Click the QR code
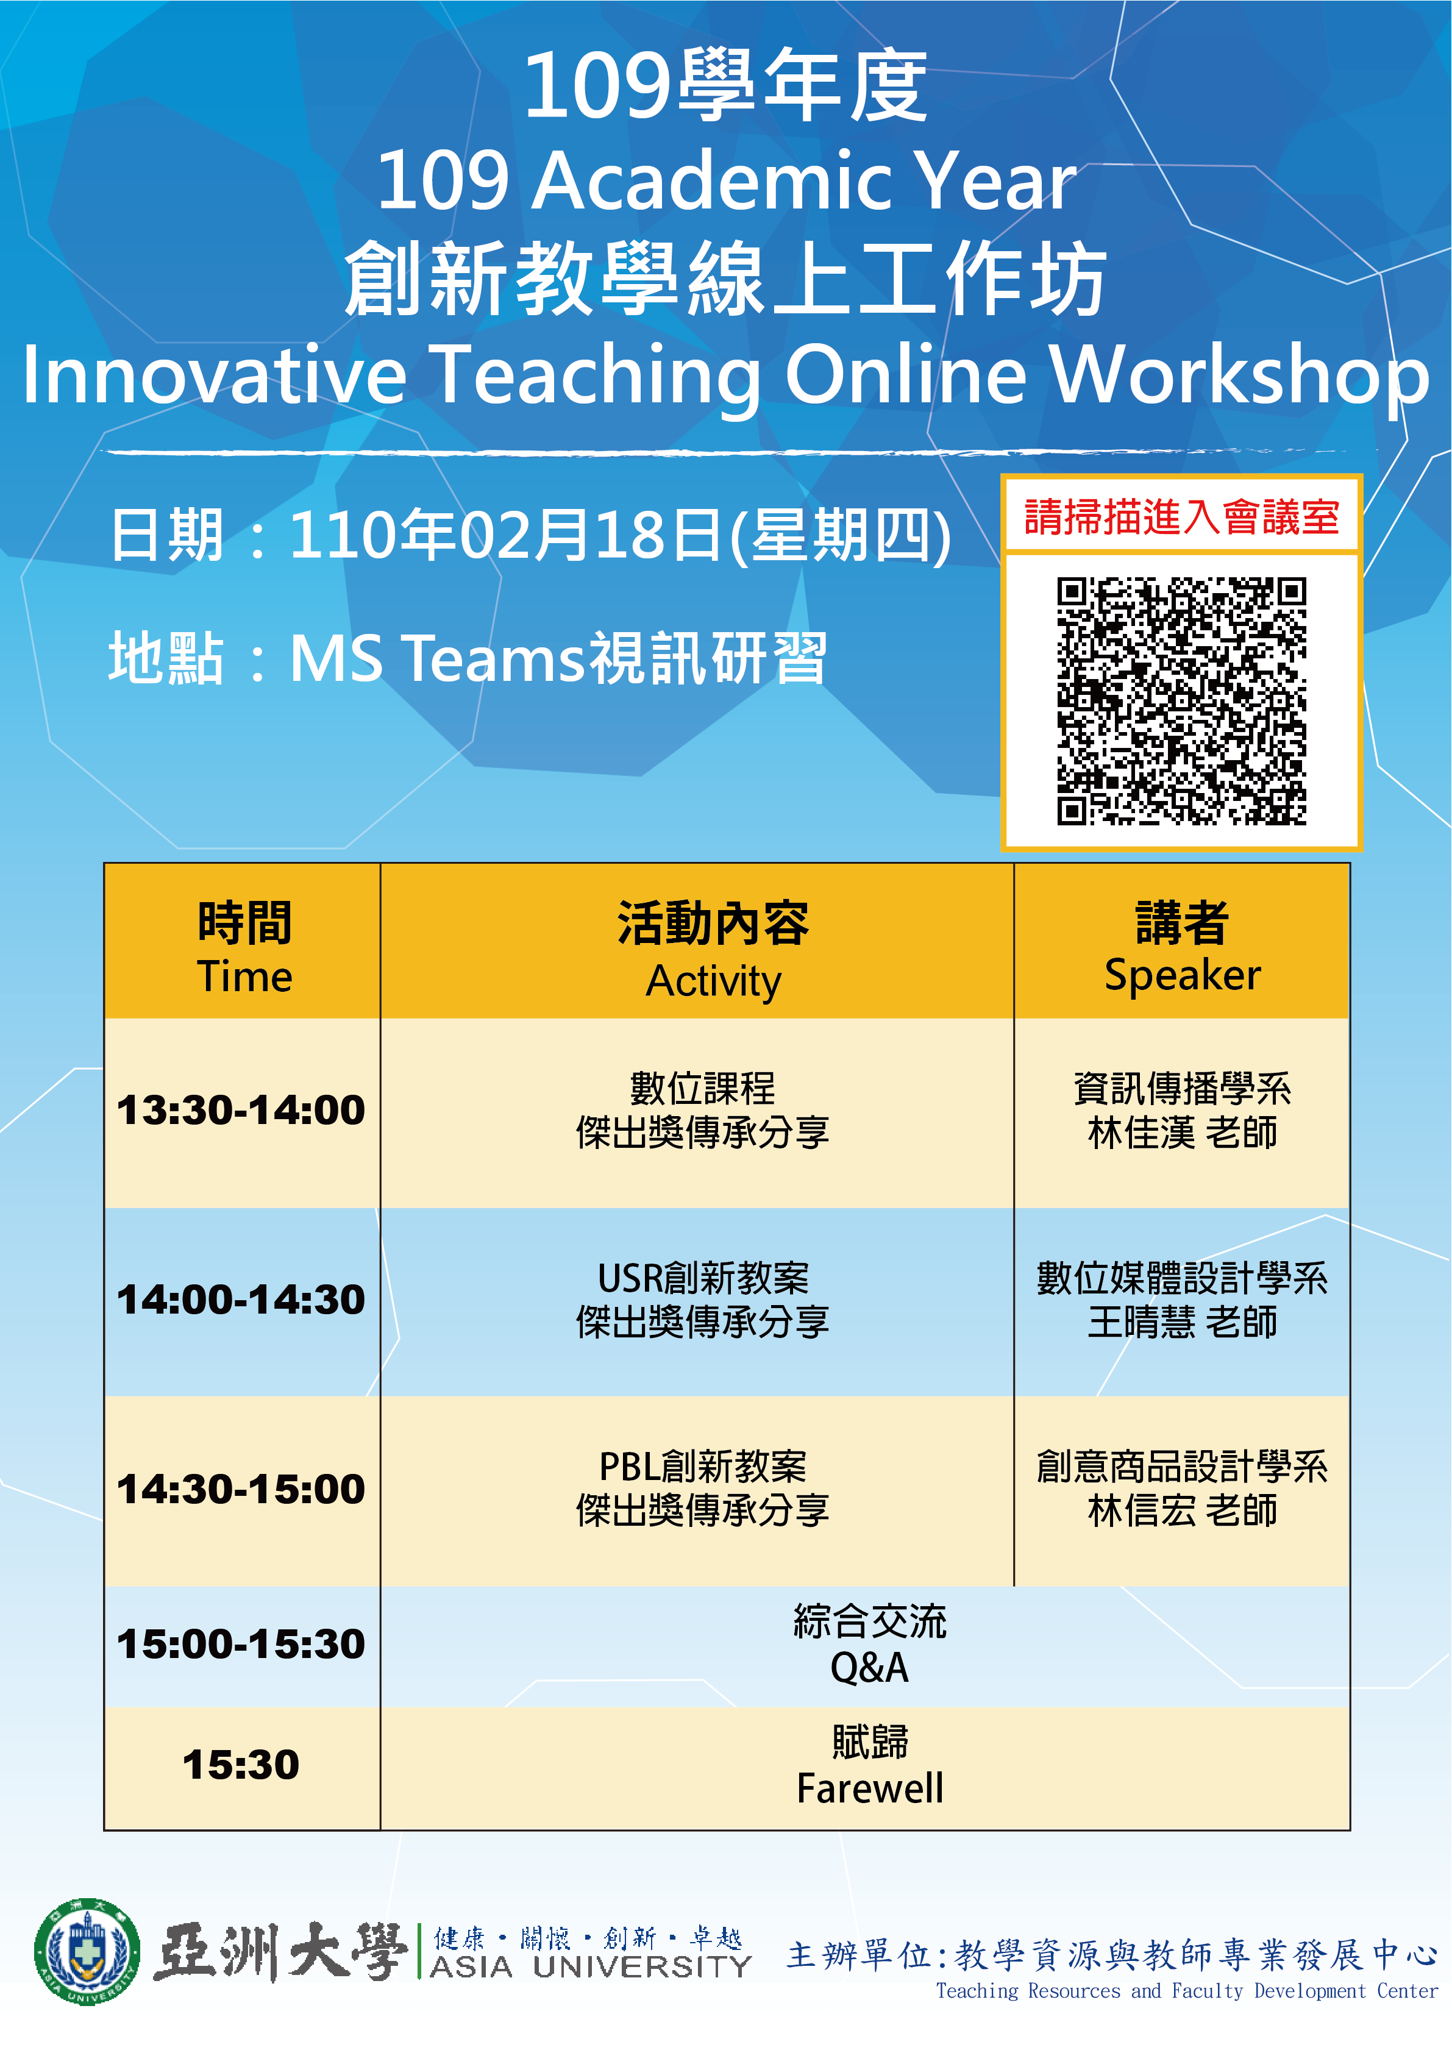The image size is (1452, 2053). [x=1181, y=700]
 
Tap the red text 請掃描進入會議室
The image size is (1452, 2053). [x=1181, y=517]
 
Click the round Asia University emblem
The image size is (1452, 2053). [x=87, y=1952]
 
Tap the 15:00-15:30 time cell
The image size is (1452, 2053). [x=241, y=1645]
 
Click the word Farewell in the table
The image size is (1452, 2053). [x=870, y=1788]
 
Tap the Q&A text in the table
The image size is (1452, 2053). [x=870, y=1668]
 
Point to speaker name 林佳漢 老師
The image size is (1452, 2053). [x=1182, y=1133]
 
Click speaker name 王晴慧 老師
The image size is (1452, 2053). [x=1182, y=1323]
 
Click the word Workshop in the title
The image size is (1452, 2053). [x=1240, y=377]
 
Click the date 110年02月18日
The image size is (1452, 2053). [x=505, y=535]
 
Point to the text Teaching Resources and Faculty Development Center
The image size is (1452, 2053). [x=1186, y=1990]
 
